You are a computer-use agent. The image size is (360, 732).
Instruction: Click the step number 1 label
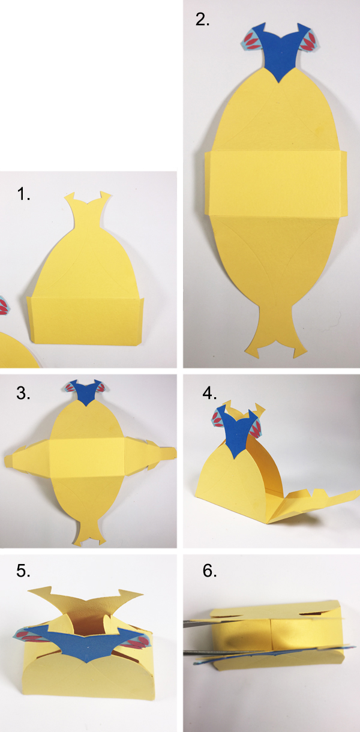pos(23,194)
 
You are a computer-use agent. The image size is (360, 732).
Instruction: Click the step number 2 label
pos(203,19)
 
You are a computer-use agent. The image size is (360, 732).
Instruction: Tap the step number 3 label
pos(23,394)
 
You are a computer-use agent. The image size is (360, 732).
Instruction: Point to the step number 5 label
pos(23,571)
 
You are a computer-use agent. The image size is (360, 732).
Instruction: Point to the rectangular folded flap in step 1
pos(85,319)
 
